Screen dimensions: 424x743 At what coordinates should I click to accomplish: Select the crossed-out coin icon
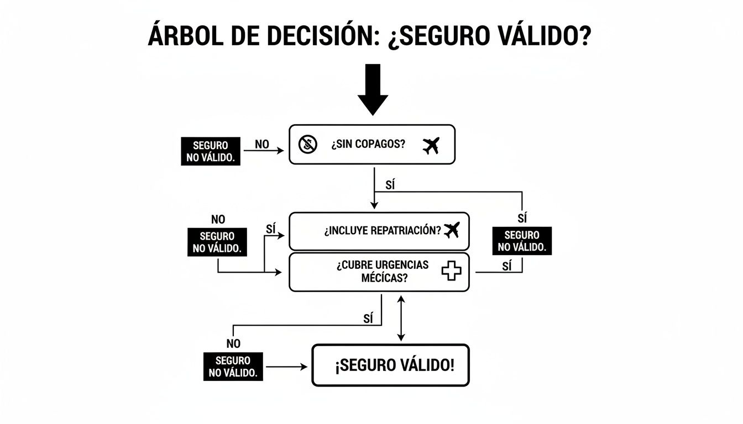[x=308, y=145]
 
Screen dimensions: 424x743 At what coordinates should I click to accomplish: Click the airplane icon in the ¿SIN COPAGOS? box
[x=430, y=145]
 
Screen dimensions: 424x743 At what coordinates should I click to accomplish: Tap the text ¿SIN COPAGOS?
[x=368, y=145]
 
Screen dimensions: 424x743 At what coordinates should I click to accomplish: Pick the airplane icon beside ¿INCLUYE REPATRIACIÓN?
[x=452, y=230]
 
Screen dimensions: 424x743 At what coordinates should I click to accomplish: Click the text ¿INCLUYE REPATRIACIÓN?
[x=383, y=231]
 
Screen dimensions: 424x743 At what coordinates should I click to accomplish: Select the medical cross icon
[x=451, y=271]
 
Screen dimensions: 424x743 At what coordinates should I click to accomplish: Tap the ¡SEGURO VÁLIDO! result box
[x=390, y=365]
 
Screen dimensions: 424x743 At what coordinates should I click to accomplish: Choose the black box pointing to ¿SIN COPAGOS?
[x=210, y=151]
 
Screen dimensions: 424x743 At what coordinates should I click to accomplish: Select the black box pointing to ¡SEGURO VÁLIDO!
[x=233, y=366]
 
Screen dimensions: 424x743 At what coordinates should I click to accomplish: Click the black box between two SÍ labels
[x=522, y=241]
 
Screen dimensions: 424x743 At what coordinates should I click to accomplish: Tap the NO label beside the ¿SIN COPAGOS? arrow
[x=262, y=144]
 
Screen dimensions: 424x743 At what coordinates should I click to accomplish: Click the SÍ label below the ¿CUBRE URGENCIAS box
[x=369, y=318]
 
